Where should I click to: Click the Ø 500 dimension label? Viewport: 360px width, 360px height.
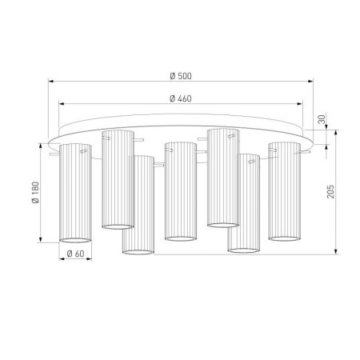[181, 76]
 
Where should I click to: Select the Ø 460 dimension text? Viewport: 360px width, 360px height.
[181, 98]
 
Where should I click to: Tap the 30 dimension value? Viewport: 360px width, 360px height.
[322, 119]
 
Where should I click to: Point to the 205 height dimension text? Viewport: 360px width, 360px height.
[330, 191]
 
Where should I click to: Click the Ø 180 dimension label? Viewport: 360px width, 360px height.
[35, 193]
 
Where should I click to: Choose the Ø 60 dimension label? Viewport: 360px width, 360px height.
[75, 254]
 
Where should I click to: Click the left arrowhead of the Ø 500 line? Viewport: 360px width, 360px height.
[51, 81]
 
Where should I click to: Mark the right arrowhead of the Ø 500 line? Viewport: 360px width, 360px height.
[310, 81]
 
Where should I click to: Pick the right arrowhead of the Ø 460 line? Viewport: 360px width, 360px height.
[300, 104]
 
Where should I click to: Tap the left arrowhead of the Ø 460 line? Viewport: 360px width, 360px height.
[62, 104]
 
